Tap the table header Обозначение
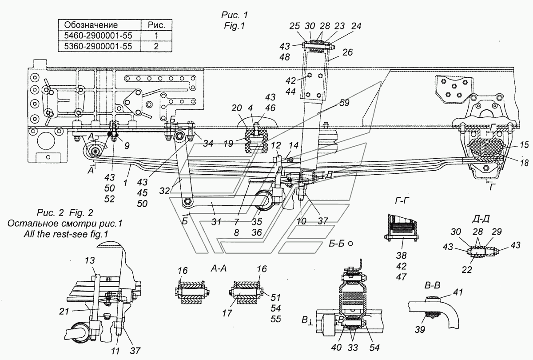click(x=91, y=25)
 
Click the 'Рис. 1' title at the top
click(x=235, y=15)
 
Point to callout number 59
click(x=344, y=103)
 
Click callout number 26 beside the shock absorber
click(x=347, y=52)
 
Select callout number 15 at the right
click(x=524, y=144)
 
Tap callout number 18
click(x=524, y=163)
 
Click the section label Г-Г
click(x=402, y=201)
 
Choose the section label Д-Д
click(x=481, y=219)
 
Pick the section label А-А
click(x=219, y=269)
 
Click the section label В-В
click(x=432, y=285)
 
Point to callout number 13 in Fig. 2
click(x=89, y=260)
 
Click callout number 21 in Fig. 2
click(x=64, y=311)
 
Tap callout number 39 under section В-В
click(x=420, y=329)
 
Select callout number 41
click(x=458, y=292)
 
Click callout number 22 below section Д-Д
click(x=467, y=270)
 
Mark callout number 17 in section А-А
click(x=227, y=313)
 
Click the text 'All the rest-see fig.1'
click(x=66, y=234)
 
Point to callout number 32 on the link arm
click(x=164, y=191)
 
